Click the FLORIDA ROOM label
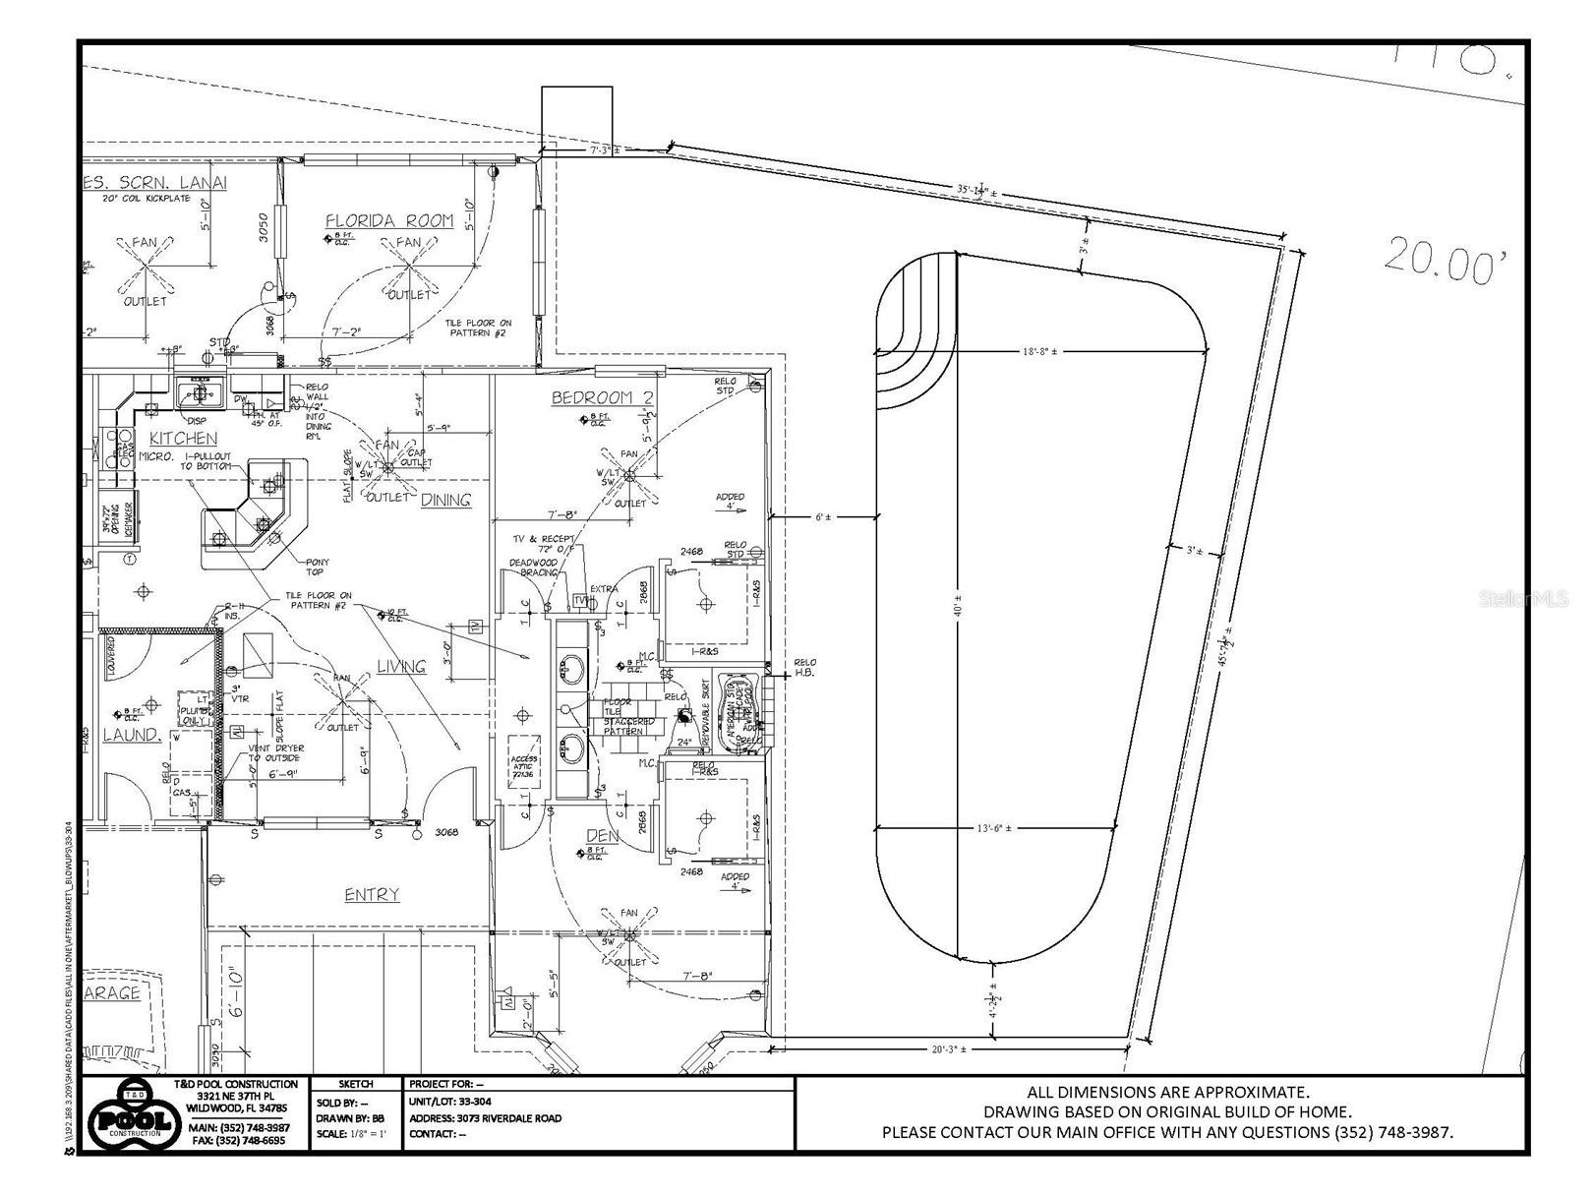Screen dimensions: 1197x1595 [x=389, y=220]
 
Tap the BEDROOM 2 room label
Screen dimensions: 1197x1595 [x=602, y=397]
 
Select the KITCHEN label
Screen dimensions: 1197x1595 [x=183, y=438]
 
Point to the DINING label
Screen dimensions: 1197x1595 [x=445, y=500]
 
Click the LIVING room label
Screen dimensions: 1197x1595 [x=401, y=667]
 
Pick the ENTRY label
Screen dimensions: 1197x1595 [x=372, y=894]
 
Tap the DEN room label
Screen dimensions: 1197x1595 [x=602, y=835]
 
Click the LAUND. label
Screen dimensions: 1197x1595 [x=130, y=735]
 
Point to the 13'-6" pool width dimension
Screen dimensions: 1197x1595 [x=993, y=828]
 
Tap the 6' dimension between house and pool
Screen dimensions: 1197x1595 [x=822, y=516]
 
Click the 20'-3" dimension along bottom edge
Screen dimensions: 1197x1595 [x=949, y=1049]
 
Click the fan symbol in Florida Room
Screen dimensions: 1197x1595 [x=408, y=266]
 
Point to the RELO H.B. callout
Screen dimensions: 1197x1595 [x=804, y=668]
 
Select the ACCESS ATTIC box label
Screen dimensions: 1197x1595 [x=523, y=766]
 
